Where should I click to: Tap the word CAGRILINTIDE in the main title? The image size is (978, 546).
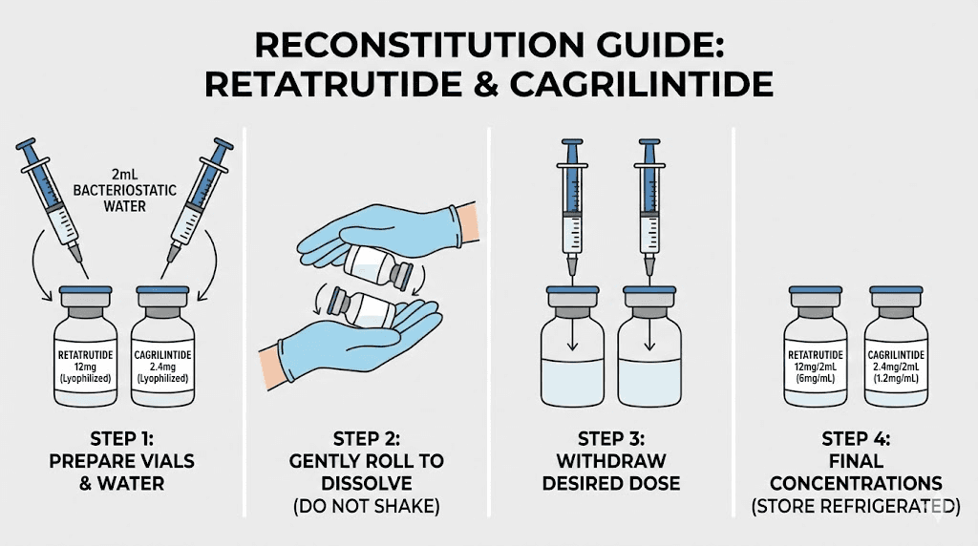(643, 84)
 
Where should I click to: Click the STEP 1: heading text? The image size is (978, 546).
(120, 438)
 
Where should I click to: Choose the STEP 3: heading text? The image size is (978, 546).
(610, 438)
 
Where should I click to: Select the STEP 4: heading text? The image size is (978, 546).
(856, 438)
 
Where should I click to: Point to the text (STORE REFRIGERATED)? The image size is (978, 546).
(856, 505)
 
